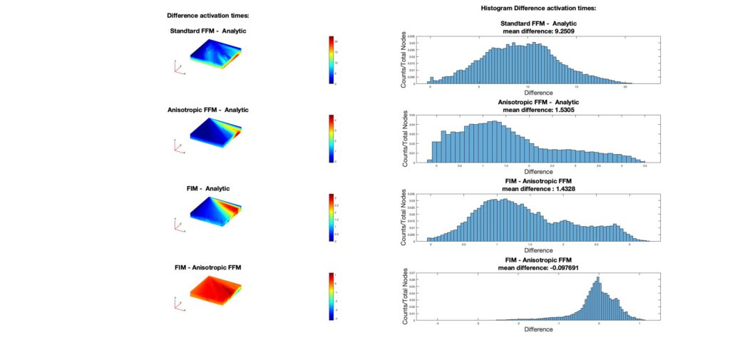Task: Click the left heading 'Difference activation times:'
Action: point(207,15)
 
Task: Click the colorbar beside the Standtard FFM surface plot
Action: point(331,59)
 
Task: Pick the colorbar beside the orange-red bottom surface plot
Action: point(331,296)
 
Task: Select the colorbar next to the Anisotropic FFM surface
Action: point(331,138)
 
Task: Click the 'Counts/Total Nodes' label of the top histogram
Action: point(403,60)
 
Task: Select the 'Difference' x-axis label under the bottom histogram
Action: point(538,329)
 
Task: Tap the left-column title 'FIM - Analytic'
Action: point(207,188)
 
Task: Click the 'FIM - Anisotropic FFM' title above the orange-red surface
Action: point(207,267)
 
